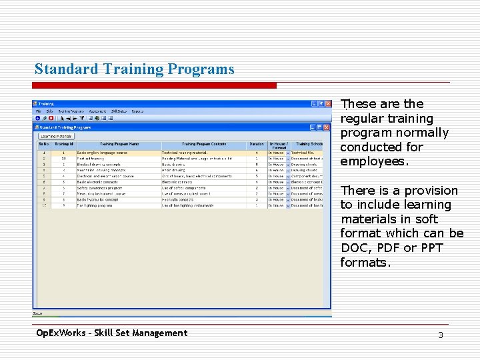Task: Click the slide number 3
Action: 441,335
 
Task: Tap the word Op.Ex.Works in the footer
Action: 63,333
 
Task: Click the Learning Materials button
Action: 56,136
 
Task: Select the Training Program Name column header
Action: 119,144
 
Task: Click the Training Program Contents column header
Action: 203,144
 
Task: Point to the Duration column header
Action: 257,144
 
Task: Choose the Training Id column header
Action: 63,144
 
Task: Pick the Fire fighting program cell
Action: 97,206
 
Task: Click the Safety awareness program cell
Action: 101,188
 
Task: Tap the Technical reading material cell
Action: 185,153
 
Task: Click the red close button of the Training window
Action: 328,104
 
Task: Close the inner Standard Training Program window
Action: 328,127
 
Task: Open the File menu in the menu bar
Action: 39,111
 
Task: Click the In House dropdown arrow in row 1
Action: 287,153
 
